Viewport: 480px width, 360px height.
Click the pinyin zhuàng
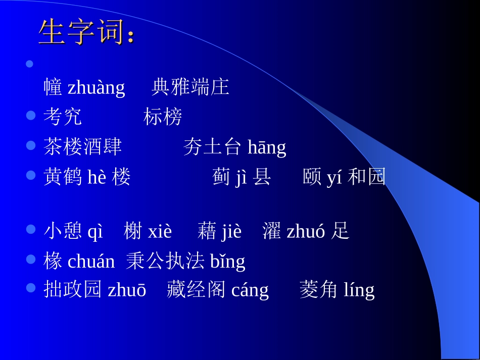pyautogui.click(x=96, y=88)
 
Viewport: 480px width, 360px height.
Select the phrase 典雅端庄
pyautogui.click(x=190, y=87)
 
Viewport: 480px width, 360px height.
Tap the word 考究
pyautogui.click(x=63, y=117)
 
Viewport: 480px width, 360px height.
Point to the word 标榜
pyautogui.click(x=163, y=117)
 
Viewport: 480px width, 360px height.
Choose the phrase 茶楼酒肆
pyautogui.click(x=83, y=147)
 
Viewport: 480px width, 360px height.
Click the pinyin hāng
pyautogui.click(x=267, y=147)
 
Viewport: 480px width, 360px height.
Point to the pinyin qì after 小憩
pyautogui.click(x=95, y=231)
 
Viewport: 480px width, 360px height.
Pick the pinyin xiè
pyautogui.click(x=160, y=231)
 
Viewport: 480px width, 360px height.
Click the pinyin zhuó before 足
pyautogui.click(x=306, y=231)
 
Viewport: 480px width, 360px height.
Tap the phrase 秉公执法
pyautogui.click(x=165, y=261)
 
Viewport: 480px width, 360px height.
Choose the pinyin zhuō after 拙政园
pyautogui.click(x=127, y=290)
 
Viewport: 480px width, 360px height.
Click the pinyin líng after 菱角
pyautogui.click(x=359, y=290)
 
